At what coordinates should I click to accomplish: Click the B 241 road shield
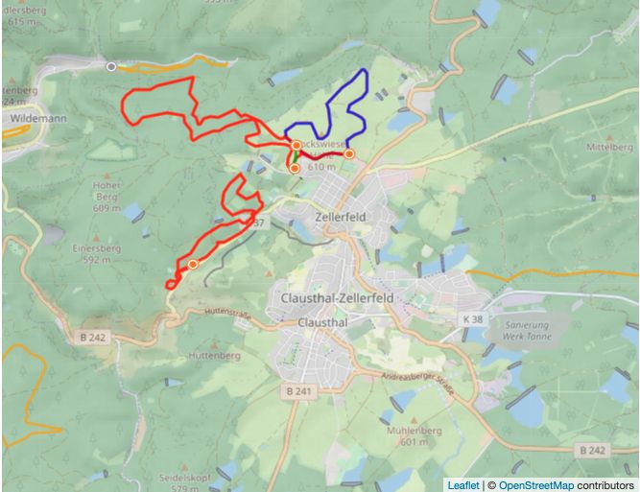pyautogui.click(x=301, y=391)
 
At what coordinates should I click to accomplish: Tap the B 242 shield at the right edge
pyautogui.click(x=595, y=450)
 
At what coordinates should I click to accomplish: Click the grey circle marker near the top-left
pyautogui.click(x=112, y=66)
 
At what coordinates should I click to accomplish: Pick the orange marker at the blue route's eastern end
pyautogui.click(x=349, y=153)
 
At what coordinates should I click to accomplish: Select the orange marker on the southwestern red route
pyautogui.click(x=193, y=264)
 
